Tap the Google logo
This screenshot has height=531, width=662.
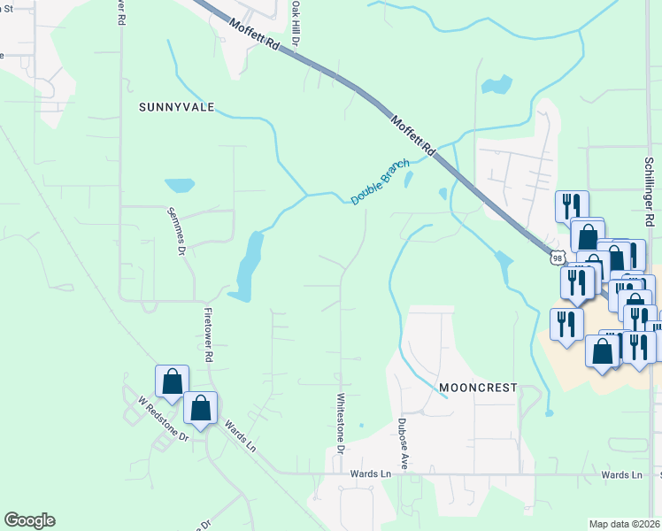point(29,520)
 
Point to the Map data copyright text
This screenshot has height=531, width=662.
point(624,524)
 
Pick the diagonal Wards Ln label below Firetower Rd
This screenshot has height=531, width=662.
point(239,437)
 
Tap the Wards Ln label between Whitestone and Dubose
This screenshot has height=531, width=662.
point(373,474)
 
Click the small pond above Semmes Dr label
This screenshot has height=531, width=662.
point(179,186)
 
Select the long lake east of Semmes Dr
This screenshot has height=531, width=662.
point(249,262)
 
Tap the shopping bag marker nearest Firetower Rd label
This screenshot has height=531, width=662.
point(201,410)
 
